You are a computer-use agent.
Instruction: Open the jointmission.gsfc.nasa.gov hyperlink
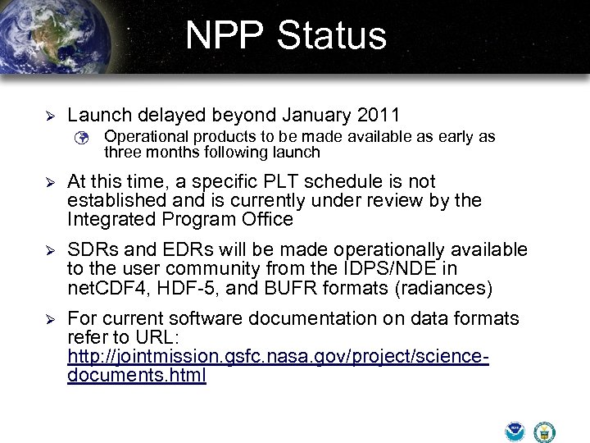coord(278,357)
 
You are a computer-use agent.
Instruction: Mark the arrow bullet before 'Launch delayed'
coord(48,116)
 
